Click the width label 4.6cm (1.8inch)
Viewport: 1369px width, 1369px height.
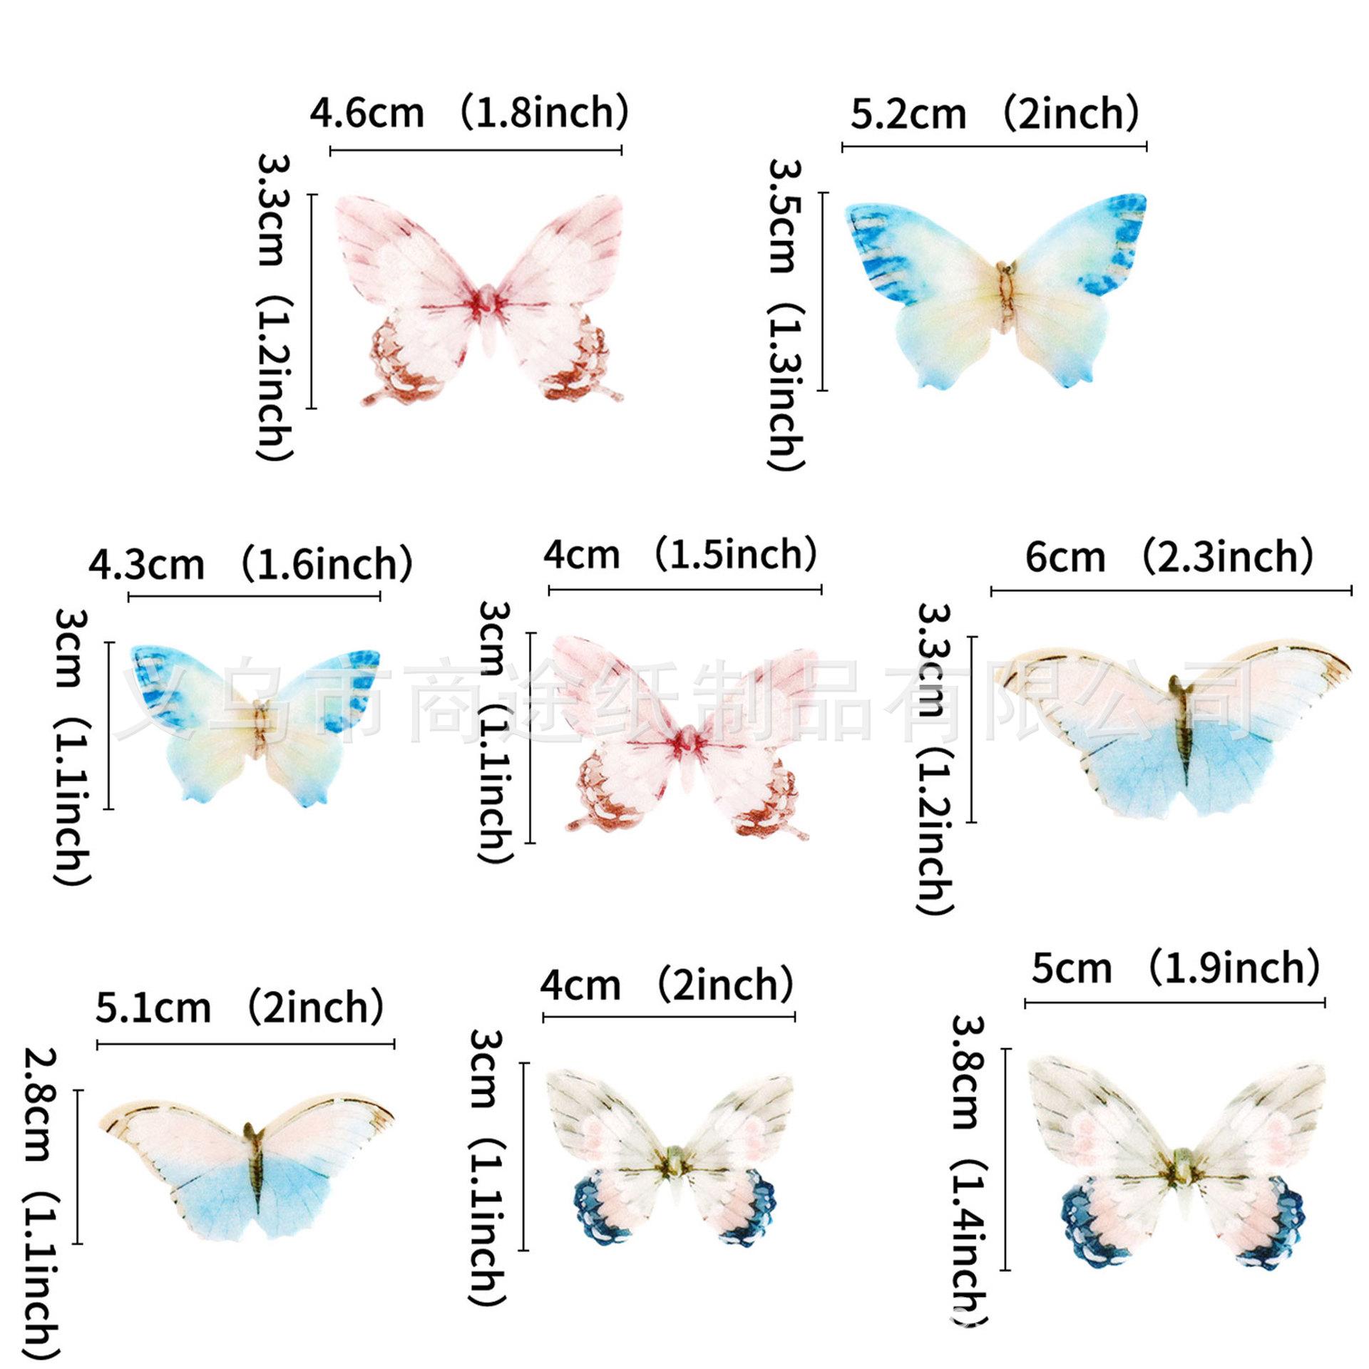coord(468,113)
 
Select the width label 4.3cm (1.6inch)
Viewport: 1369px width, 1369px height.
coord(250,564)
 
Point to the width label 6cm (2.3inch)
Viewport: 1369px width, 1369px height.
coord(1169,557)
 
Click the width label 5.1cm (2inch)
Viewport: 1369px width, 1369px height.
coord(240,1007)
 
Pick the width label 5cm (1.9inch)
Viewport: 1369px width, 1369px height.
coord(1175,968)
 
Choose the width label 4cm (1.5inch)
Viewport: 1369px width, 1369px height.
coord(680,555)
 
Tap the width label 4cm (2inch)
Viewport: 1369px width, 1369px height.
coord(666,985)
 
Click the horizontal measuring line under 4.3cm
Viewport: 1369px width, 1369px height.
coord(254,596)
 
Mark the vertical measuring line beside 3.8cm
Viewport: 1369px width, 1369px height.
coord(1006,1169)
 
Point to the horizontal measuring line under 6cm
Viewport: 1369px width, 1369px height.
coord(1171,590)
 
